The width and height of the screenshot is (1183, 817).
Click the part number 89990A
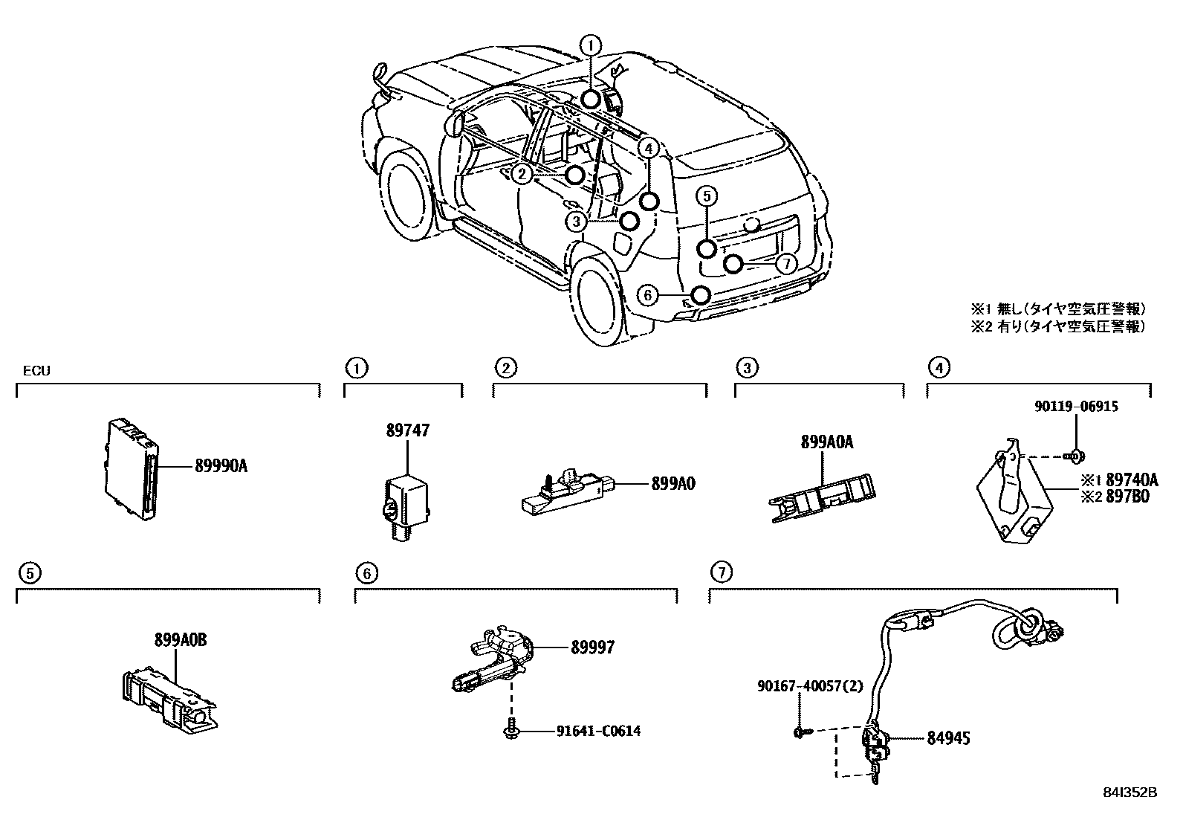coord(221,466)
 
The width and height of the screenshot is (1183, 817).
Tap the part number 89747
coord(407,430)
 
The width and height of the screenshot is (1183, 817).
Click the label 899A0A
coord(827,442)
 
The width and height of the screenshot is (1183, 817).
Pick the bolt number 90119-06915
coord(1076,407)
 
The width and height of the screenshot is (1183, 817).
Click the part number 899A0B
coord(181,640)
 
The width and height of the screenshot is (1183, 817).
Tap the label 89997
coord(593,648)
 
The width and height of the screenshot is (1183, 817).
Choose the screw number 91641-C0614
coord(598,731)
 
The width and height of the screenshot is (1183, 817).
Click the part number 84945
coord(948,738)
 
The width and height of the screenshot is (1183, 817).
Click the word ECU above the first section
coord(36,370)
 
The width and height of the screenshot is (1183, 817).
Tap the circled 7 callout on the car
coord(785,264)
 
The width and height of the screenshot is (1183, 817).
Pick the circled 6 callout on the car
coord(648,296)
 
